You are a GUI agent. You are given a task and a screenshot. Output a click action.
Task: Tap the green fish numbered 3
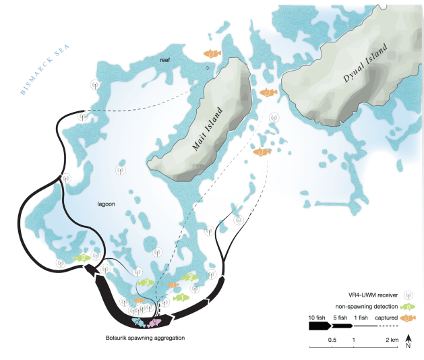click(x=146, y=283)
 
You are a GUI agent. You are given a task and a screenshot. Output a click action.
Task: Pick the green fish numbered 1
click(x=180, y=297)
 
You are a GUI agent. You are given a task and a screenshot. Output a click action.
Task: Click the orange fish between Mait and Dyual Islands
click(x=268, y=92)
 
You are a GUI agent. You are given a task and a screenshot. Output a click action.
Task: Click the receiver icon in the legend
click(x=408, y=295)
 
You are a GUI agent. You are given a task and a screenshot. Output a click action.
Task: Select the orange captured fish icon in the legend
click(x=407, y=318)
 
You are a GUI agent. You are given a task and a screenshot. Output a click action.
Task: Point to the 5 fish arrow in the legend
click(x=342, y=325)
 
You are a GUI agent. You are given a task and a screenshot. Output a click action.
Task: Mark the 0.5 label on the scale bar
click(x=332, y=340)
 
